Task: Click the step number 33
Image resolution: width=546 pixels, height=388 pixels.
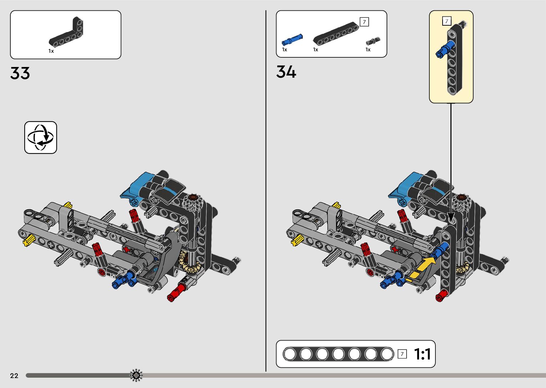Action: (x=20, y=73)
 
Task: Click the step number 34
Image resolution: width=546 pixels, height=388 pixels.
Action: (x=286, y=72)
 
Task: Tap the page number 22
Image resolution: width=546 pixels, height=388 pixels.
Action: (x=14, y=376)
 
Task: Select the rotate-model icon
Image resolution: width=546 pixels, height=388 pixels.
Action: (x=41, y=138)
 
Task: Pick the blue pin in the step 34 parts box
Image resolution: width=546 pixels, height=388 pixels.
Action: (x=292, y=40)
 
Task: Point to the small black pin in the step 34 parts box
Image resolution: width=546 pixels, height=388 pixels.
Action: (x=373, y=41)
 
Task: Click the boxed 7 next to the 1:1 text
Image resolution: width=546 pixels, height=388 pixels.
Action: (x=402, y=354)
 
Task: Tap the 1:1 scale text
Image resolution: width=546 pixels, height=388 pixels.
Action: (x=422, y=354)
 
